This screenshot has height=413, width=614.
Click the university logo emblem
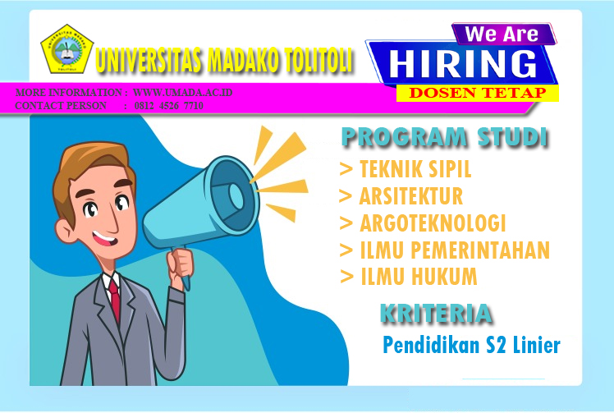click(67, 49)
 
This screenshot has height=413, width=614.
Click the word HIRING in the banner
click(463, 64)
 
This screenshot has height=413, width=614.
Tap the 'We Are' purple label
click(502, 34)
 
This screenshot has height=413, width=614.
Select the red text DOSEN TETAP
click(478, 93)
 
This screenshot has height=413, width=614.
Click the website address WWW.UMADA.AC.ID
click(182, 93)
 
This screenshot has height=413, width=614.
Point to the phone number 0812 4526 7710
click(169, 105)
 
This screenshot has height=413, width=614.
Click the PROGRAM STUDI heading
click(444, 137)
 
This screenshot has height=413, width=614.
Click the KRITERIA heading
click(436, 314)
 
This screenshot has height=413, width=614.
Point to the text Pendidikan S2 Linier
click(471, 345)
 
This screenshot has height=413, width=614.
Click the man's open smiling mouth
click(105, 238)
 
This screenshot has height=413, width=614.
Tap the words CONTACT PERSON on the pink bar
click(61, 105)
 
